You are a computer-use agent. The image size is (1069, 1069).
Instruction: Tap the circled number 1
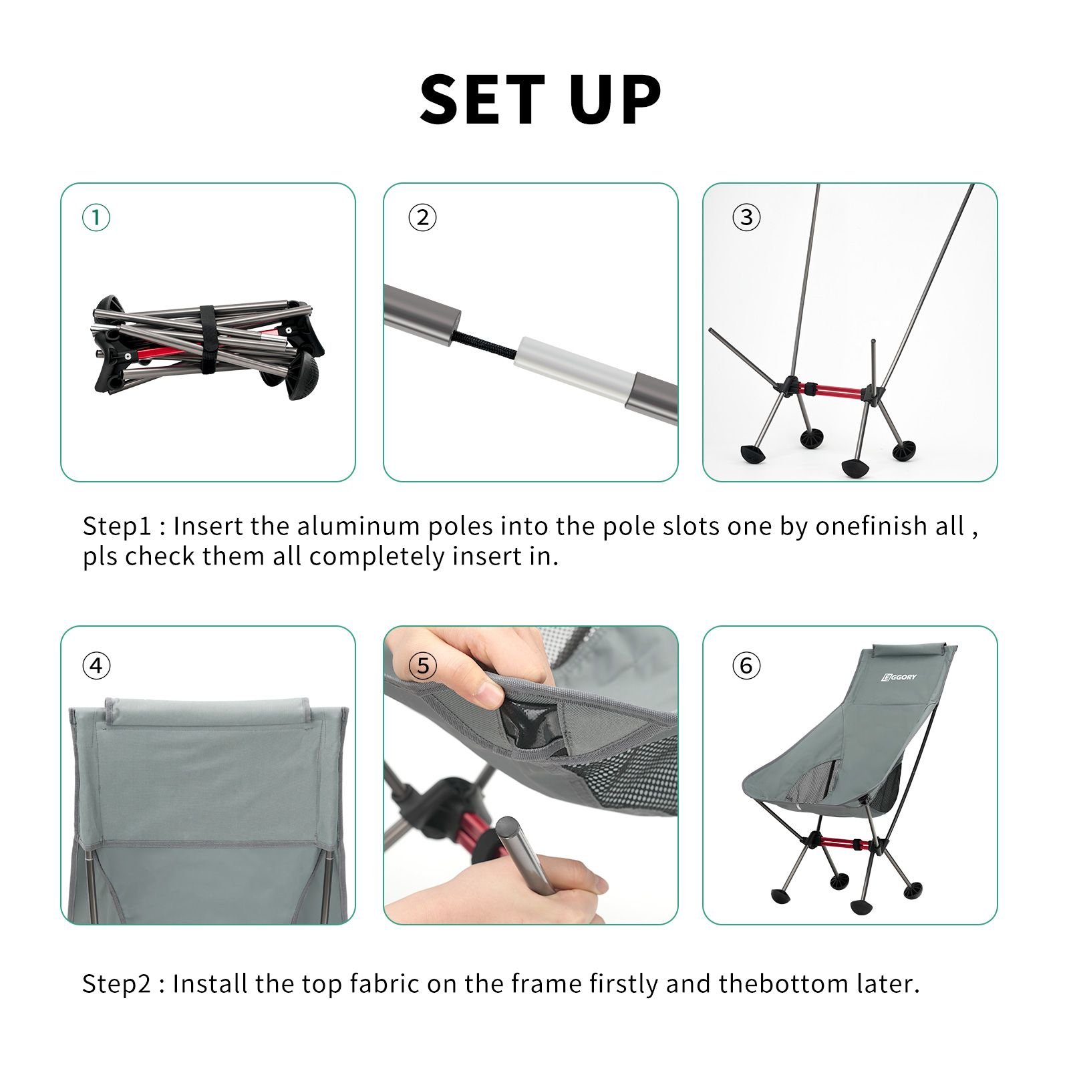click(96, 218)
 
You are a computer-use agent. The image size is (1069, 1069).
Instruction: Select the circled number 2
click(422, 218)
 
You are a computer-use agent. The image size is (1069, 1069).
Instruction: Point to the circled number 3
click(746, 217)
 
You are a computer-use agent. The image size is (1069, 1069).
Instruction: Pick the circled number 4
click(96, 665)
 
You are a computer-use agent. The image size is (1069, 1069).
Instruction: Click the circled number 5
click(422, 665)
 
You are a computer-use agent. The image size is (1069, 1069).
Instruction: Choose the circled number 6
click(746, 665)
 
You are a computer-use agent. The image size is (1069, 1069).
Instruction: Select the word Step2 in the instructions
click(117, 984)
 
